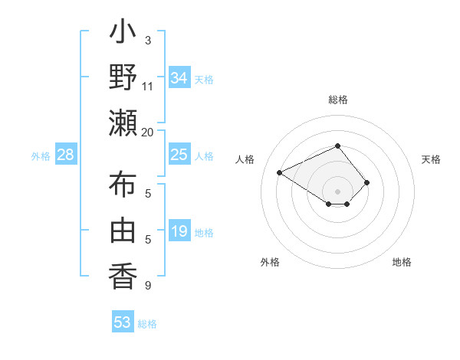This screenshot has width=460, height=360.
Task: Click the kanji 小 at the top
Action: click(x=123, y=35)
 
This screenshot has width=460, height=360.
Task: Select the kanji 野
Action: click(x=123, y=78)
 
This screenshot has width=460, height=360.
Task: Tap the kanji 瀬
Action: click(x=123, y=123)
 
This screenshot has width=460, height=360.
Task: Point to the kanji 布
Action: click(x=123, y=186)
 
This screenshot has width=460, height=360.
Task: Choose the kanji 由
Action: click(x=123, y=231)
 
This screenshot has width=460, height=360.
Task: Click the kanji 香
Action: click(x=123, y=274)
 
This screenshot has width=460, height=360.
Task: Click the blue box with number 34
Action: click(x=179, y=77)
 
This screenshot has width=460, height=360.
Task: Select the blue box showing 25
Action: click(x=179, y=155)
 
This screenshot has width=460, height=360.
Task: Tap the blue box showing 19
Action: click(x=179, y=231)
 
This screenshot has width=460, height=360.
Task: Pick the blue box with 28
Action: click(x=66, y=155)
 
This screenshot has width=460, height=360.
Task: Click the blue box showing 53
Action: click(x=123, y=322)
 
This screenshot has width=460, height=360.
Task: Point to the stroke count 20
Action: click(x=148, y=132)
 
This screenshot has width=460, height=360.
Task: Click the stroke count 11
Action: click(x=148, y=87)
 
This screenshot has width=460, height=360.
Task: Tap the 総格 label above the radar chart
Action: click(x=338, y=100)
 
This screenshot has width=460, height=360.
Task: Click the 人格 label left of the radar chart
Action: click(x=245, y=159)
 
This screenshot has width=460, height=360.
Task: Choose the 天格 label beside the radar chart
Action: click(x=431, y=159)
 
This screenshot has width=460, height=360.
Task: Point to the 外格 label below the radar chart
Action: click(x=270, y=263)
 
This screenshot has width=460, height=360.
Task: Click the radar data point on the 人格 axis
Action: click(x=280, y=172)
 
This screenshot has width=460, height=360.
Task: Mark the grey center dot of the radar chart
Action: click(x=338, y=191)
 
